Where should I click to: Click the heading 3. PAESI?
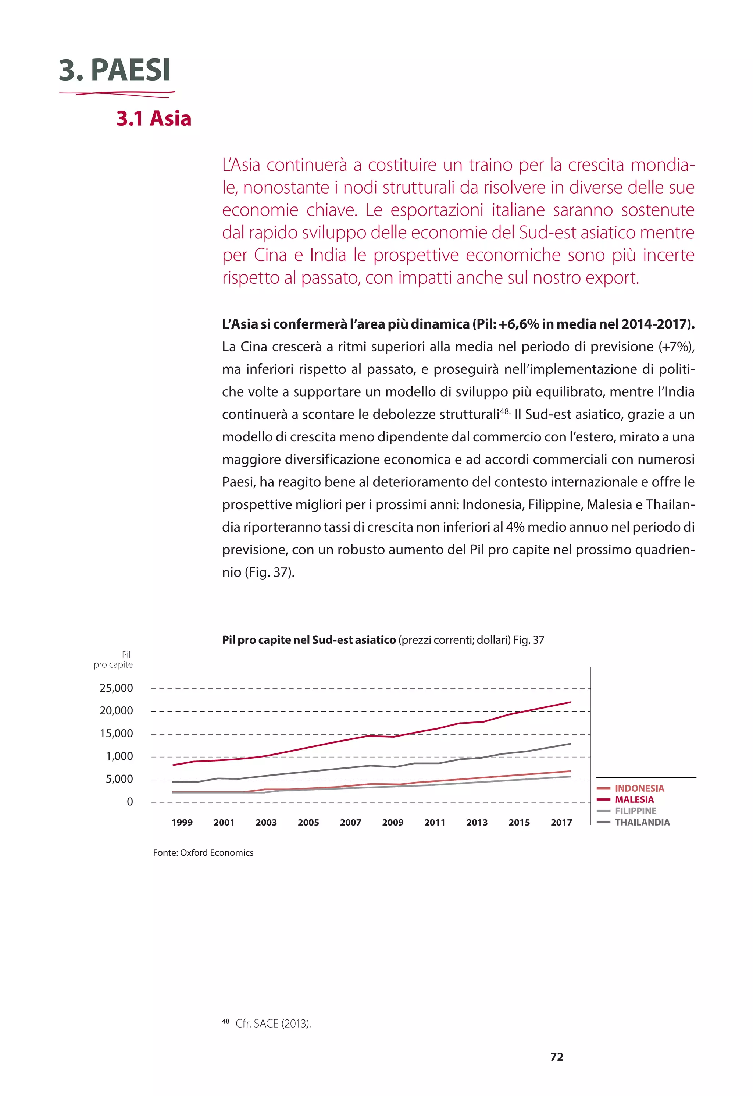(115, 70)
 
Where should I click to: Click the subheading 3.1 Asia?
(154, 118)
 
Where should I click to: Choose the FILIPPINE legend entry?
(635, 811)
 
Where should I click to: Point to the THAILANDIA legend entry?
(642, 822)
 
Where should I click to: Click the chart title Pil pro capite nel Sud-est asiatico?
(309, 640)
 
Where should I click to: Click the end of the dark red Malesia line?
(570, 702)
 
